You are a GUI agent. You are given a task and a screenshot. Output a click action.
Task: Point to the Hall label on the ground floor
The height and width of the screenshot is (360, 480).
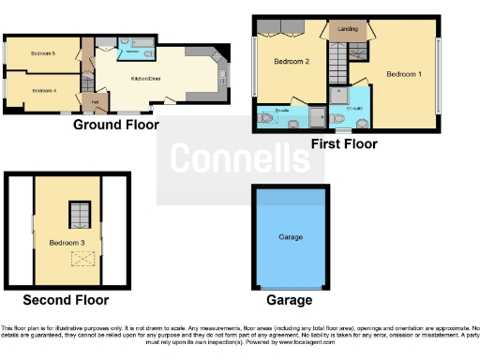click(95, 100)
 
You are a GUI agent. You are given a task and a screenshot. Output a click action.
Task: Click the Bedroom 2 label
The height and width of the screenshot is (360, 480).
click(292, 62)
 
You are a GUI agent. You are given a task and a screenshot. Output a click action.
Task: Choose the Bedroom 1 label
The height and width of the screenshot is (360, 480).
click(406, 73)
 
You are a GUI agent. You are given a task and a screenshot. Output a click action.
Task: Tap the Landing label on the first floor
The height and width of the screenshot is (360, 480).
click(345, 29)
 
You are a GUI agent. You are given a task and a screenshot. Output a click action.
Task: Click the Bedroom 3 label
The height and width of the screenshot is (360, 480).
click(67, 243)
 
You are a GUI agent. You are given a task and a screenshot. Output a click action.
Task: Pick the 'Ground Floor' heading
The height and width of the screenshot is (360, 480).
click(115, 125)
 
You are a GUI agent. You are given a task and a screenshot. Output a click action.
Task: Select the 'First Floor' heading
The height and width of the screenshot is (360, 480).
click(344, 144)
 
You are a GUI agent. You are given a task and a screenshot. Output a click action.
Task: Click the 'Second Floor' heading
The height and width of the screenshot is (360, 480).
click(66, 301)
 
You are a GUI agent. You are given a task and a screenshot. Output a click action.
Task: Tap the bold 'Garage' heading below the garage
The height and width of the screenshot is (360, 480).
click(290, 301)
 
